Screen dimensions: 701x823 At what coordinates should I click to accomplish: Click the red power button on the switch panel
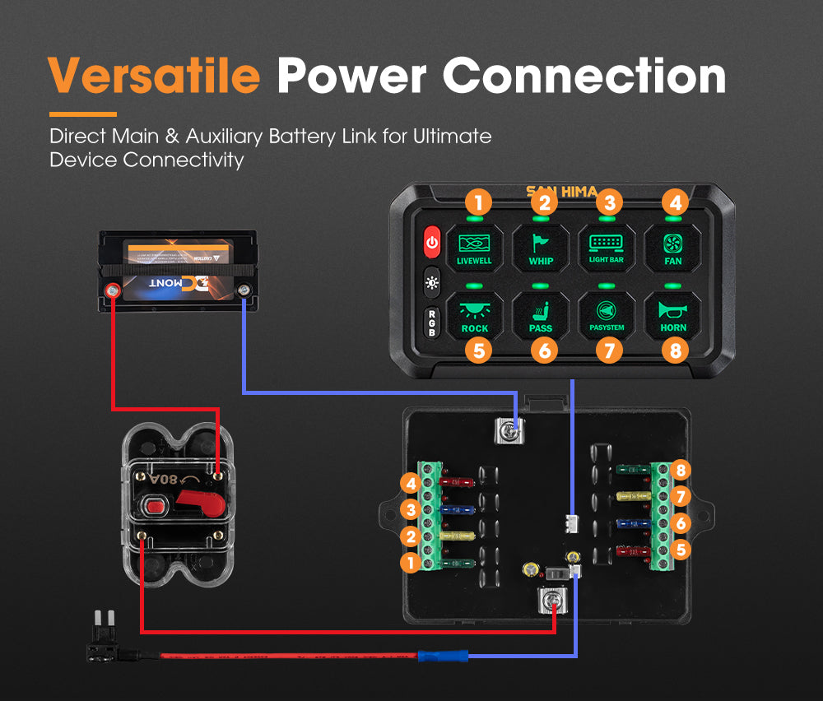[432, 243]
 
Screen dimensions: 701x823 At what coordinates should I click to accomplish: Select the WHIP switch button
[540, 246]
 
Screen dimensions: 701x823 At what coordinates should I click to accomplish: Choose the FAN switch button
[673, 246]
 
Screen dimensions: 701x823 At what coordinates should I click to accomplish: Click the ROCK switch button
[474, 316]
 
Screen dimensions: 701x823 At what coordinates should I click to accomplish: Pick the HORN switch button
[673, 316]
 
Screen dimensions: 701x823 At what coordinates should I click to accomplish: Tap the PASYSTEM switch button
[607, 316]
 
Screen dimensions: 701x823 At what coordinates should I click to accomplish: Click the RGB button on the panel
[432, 322]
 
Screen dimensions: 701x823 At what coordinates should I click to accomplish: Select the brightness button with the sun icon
[432, 282]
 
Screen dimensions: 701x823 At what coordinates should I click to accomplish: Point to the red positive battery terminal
[111, 290]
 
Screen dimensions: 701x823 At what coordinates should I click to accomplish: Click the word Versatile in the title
[154, 76]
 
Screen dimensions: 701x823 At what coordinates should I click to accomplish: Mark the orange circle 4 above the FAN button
[673, 201]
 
